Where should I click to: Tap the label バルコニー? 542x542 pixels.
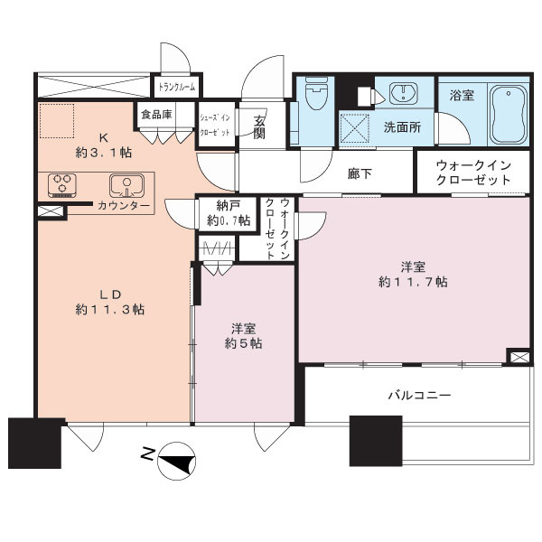pyautogui.click(x=419, y=395)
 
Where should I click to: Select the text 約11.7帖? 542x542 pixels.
pyautogui.click(x=413, y=282)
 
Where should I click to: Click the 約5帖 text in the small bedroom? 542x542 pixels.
pyautogui.click(x=244, y=343)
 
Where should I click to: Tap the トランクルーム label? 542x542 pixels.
pyautogui.click(x=179, y=88)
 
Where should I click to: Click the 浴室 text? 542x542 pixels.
pyautogui.click(x=462, y=95)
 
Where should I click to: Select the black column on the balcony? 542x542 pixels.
pyautogui.click(x=375, y=440)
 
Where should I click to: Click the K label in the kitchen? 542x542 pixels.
pyautogui.click(x=102, y=137)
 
